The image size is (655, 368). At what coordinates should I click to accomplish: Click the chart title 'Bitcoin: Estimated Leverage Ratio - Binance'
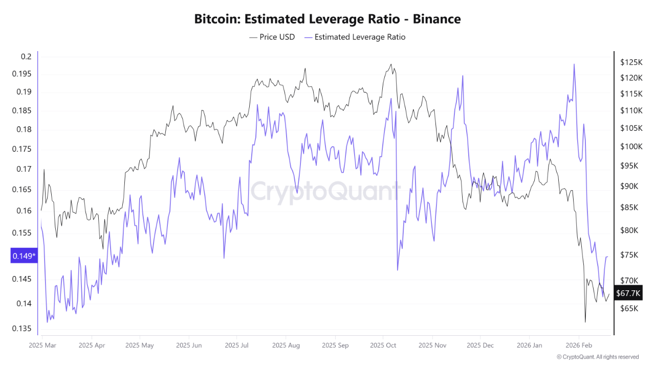point(327,19)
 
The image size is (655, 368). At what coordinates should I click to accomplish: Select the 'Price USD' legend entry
point(272,37)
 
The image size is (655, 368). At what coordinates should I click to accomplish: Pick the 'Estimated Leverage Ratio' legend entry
point(355,37)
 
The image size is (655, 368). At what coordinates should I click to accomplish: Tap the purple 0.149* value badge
point(24,256)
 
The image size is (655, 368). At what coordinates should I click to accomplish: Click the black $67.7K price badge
point(628,293)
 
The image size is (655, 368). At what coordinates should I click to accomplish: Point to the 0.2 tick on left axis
point(26,56)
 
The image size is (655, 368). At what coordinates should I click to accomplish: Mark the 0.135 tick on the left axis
point(21,328)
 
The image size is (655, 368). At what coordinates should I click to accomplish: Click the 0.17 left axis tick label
point(24,169)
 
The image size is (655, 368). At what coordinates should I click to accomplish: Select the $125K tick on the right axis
point(630,62)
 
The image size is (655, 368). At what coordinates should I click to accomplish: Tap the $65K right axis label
point(629,308)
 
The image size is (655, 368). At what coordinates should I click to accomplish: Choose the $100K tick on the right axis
point(630,147)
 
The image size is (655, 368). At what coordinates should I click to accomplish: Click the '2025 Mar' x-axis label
point(43,345)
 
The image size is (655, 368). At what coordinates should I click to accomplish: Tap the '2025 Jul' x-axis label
point(237,345)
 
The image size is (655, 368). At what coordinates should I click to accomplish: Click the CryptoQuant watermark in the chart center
point(325,192)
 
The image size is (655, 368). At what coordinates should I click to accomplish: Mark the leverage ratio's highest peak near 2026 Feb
point(574,64)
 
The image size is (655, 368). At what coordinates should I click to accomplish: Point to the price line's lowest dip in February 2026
point(585,322)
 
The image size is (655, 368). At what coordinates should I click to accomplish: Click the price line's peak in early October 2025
point(391,64)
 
